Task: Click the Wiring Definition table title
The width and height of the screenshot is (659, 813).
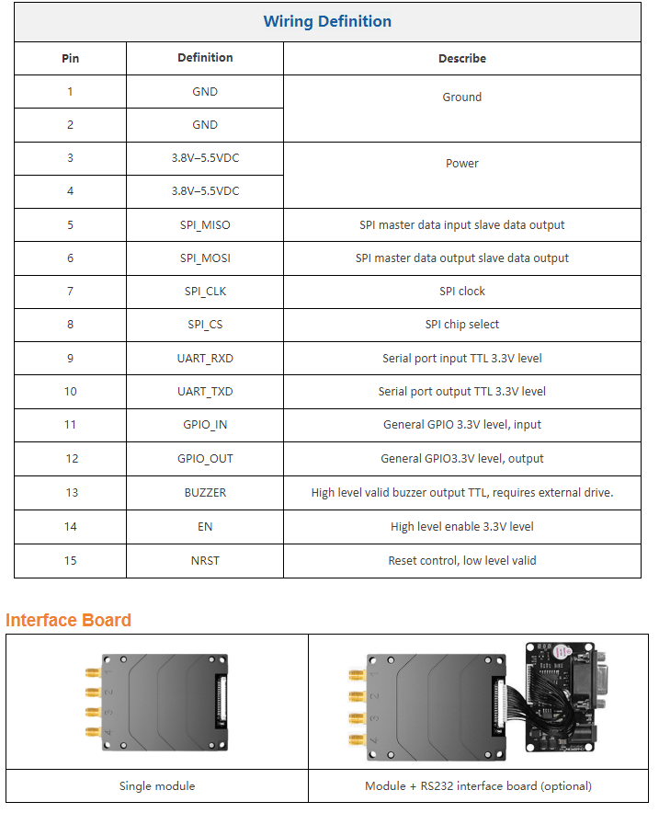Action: pyautogui.click(x=327, y=22)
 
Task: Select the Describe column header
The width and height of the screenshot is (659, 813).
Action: pyautogui.click(x=461, y=58)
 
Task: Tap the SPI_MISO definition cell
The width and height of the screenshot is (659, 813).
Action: pyautogui.click(x=205, y=225)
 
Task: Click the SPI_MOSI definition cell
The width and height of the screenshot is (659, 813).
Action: pyautogui.click(x=205, y=258)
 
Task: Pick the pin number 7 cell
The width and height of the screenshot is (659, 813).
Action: pyautogui.click(x=70, y=292)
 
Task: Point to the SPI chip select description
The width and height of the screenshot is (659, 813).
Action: pyautogui.click(x=461, y=325)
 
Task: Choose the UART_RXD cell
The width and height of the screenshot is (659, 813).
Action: pyautogui.click(x=205, y=359)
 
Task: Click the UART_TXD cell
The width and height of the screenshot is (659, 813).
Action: pyautogui.click(x=205, y=392)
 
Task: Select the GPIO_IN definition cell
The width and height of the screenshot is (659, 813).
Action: pyautogui.click(x=205, y=426)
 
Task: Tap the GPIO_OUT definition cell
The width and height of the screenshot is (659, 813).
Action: pyautogui.click(x=205, y=459)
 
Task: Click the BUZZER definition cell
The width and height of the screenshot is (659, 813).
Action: pyautogui.click(x=205, y=493)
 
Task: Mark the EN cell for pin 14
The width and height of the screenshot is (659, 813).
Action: pyautogui.click(x=205, y=527)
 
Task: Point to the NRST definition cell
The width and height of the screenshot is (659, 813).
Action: pyautogui.click(x=205, y=561)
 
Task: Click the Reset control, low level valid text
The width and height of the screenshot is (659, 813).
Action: pyautogui.click(x=461, y=561)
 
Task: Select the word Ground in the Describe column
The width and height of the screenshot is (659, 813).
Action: pyautogui.click(x=461, y=97)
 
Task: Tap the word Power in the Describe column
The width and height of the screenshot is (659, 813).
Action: pyautogui.click(x=461, y=164)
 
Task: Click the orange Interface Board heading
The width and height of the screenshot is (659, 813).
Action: pyautogui.click(x=69, y=620)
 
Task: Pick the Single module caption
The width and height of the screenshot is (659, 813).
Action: pyautogui.click(x=157, y=786)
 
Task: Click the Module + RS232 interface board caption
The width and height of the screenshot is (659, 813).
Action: pyautogui.click(x=478, y=786)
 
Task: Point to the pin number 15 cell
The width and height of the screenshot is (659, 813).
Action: pyautogui.click(x=70, y=561)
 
